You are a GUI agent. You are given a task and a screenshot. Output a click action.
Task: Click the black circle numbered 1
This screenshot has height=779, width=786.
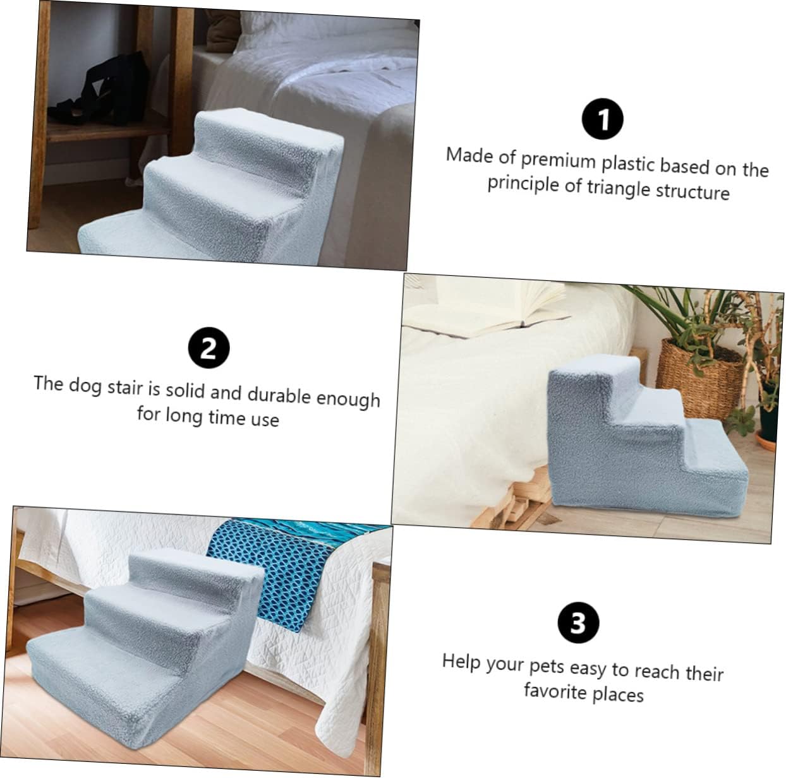(602, 119)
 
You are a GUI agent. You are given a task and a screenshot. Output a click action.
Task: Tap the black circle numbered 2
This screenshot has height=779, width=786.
(209, 348)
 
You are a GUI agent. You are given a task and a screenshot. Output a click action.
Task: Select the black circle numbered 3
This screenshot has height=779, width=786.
(578, 622)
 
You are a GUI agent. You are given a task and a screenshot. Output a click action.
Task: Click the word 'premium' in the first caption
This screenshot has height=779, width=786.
(558, 159)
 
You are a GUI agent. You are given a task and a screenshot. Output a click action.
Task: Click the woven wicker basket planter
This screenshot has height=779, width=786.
(701, 372)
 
